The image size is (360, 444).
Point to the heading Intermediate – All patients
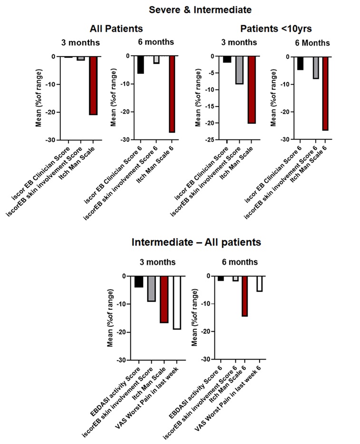pyautogui.click(x=196, y=242)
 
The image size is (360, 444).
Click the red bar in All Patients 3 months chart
pyautogui.click(x=93, y=86)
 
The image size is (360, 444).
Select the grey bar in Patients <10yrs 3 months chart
pyautogui.click(x=239, y=70)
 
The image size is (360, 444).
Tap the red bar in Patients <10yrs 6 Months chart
pyautogui.click(x=325, y=93)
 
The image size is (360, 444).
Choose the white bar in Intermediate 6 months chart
pyautogui.click(x=260, y=284)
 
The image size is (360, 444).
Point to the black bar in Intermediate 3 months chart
pyautogui.click(x=138, y=282)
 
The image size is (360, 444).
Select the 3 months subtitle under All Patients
pyautogui.click(x=80, y=42)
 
